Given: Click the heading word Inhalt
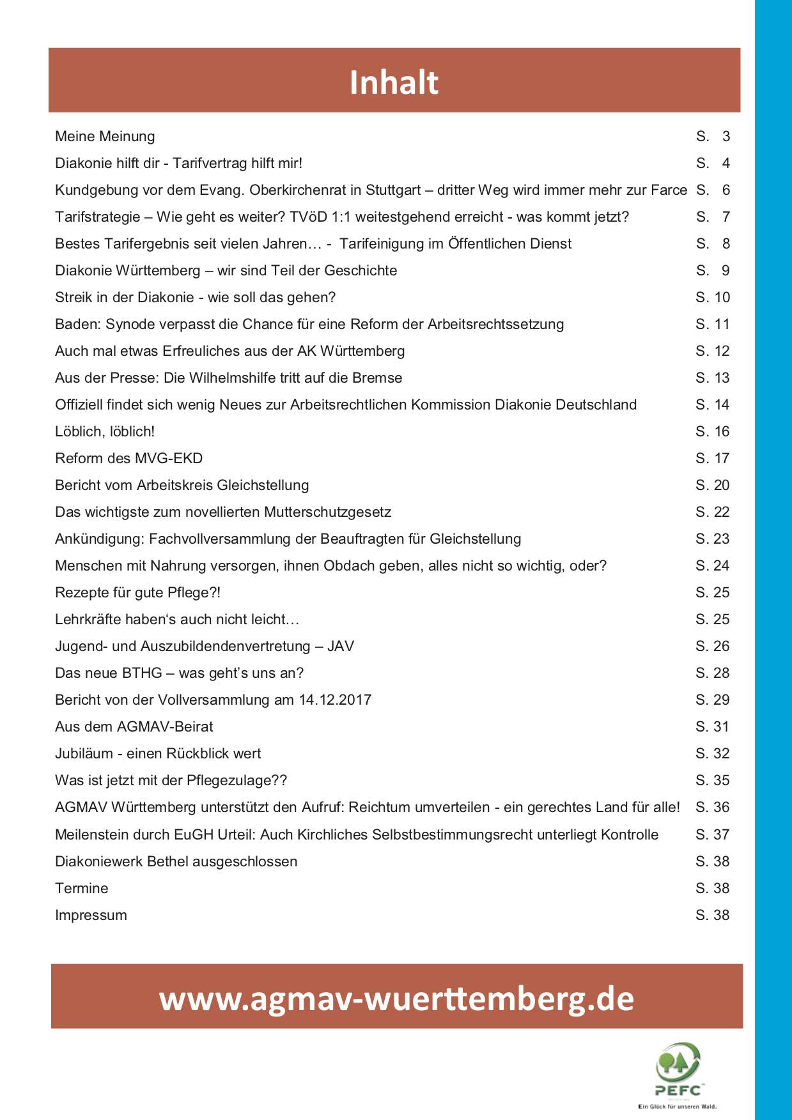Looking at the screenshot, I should point(394,82).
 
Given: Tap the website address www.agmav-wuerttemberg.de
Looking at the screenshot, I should point(396,998).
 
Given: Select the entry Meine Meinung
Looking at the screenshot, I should point(105,136).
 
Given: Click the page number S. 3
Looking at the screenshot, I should point(713,136).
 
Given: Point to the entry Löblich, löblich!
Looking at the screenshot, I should point(105,431).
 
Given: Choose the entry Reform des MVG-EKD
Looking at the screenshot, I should point(128,458).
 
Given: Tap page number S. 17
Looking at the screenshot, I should point(712,458).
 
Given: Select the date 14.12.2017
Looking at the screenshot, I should point(335,700).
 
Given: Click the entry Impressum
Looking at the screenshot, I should point(91,915).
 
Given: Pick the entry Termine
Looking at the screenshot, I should point(82,888).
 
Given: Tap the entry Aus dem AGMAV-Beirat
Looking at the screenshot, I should point(134,726).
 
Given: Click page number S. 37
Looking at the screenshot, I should point(712,834).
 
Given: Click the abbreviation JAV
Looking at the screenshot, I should point(341,646).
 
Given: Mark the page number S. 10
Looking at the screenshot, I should point(712,297).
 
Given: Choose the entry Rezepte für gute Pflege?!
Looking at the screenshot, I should point(137,592).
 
